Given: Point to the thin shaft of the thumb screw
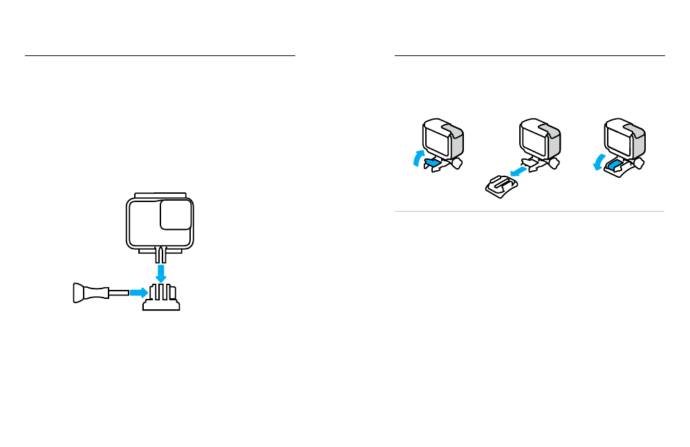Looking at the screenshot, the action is (x=118, y=293).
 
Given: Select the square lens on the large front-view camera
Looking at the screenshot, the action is (x=176, y=215).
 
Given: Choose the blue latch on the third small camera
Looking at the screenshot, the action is (x=615, y=165).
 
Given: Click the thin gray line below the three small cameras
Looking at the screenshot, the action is (x=529, y=212).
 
